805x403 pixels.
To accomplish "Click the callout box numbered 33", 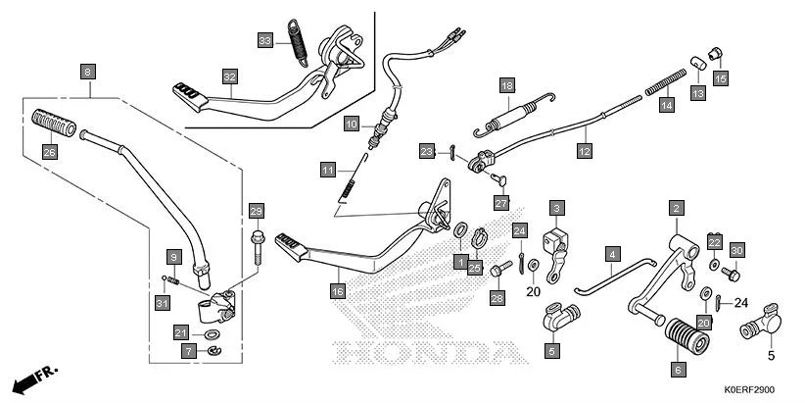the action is (x=265, y=40).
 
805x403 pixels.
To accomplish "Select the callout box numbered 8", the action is (x=88, y=72).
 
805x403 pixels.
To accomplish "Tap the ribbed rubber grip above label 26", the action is (x=54, y=123).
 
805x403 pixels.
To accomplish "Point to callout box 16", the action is (x=337, y=291).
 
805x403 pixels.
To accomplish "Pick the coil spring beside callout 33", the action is (x=298, y=43).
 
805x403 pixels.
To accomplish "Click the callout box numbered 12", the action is (x=585, y=151).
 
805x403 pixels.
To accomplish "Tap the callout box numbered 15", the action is (x=721, y=78).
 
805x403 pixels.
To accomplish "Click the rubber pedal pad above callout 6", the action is (x=687, y=335).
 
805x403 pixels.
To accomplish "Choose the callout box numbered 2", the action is (x=677, y=208).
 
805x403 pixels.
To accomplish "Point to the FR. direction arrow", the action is (x=35, y=378).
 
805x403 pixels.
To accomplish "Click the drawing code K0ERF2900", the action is (x=749, y=389).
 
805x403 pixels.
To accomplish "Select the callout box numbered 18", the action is (x=507, y=85).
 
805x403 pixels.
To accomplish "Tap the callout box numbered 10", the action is (x=352, y=124).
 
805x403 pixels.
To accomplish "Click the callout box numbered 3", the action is (x=556, y=208).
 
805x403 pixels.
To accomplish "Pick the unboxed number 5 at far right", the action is (x=771, y=356).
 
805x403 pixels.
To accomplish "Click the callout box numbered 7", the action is (x=189, y=351).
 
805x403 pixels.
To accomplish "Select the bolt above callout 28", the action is (x=501, y=269).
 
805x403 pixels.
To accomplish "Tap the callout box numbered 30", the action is (x=736, y=249).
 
